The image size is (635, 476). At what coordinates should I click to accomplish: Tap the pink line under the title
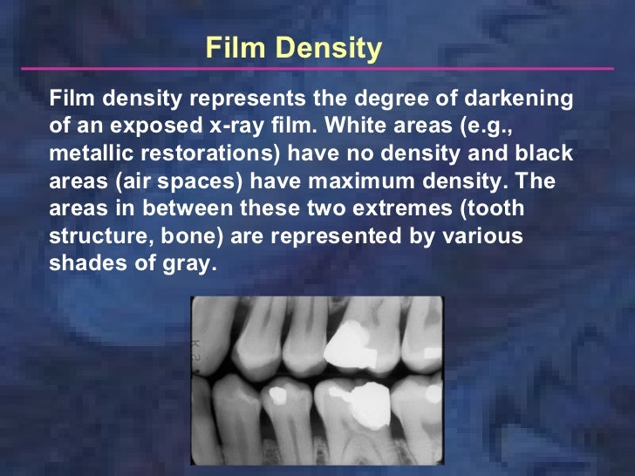click(317, 68)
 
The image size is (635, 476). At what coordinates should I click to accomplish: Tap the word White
click(356, 126)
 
